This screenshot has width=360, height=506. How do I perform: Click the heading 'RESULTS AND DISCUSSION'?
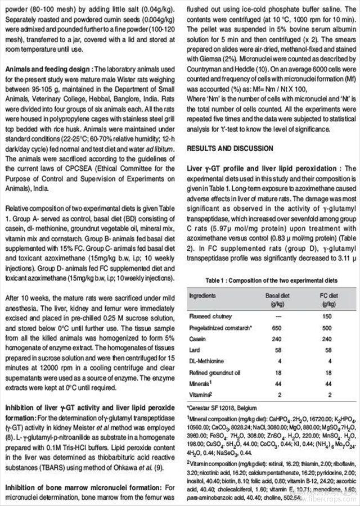tap(230, 148)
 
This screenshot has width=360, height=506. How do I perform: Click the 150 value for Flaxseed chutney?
tap(327, 315)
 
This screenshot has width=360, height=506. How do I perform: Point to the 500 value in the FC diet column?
tap(327, 327)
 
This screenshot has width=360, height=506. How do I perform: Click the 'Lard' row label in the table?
tap(195, 350)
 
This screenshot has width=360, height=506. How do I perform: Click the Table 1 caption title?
tap(272, 279)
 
